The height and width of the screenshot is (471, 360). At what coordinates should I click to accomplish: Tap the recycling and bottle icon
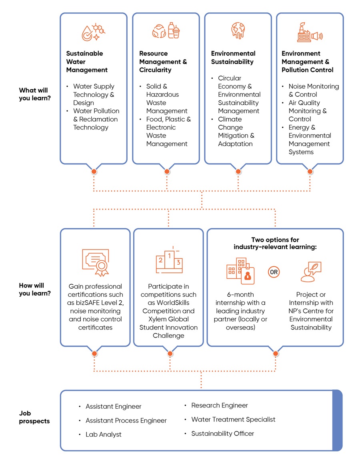[166, 31]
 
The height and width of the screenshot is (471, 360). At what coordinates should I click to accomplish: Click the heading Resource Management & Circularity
[163, 62]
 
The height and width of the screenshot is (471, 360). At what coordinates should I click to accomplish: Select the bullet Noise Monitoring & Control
[313, 90]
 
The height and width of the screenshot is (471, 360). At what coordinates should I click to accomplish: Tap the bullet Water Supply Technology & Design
[94, 94]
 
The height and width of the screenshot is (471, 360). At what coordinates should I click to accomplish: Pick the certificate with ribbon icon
[95, 262]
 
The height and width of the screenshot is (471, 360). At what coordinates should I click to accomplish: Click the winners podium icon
[169, 260]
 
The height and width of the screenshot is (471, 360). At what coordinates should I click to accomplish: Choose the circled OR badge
[274, 272]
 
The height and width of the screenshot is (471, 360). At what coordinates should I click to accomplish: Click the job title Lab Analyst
[103, 434]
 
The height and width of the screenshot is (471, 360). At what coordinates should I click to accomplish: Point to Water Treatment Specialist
[233, 419]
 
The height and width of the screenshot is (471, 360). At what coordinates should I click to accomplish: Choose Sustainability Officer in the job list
[222, 433]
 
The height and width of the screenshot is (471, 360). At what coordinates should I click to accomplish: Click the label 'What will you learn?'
[35, 94]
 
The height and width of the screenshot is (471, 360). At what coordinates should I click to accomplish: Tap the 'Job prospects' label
[34, 417]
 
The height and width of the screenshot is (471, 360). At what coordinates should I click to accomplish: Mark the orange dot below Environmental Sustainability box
[238, 172]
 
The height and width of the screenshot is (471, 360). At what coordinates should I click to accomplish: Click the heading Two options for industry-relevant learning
[275, 243]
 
